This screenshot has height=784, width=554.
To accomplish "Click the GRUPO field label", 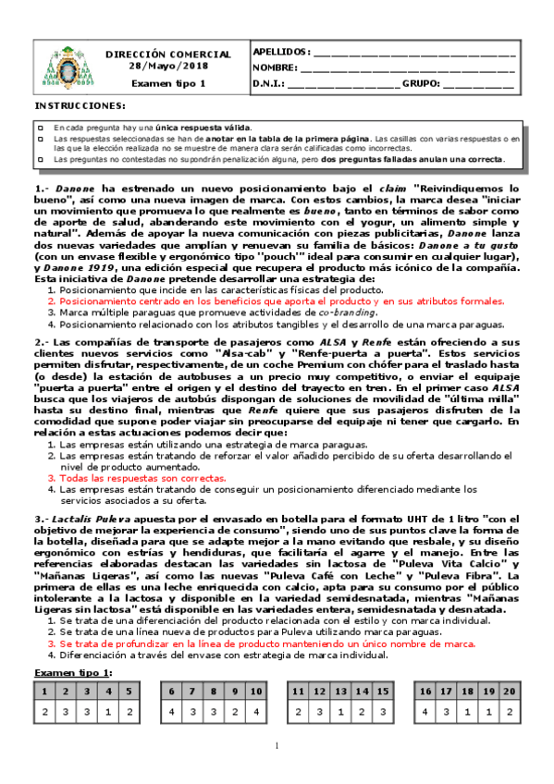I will [x=422, y=84].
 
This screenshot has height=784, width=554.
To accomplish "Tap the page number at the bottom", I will [x=276, y=746].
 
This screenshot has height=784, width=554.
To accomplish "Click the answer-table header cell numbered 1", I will [x=43, y=691].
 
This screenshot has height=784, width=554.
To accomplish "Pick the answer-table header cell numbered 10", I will [x=256, y=691].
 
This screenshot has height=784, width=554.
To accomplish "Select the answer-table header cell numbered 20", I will [x=509, y=691].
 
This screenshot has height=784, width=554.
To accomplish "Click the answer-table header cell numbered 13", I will [x=338, y=691].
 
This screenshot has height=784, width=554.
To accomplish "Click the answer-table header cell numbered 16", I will [x=425, y=691].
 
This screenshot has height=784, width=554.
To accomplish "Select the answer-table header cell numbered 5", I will [x=129, y=691].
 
